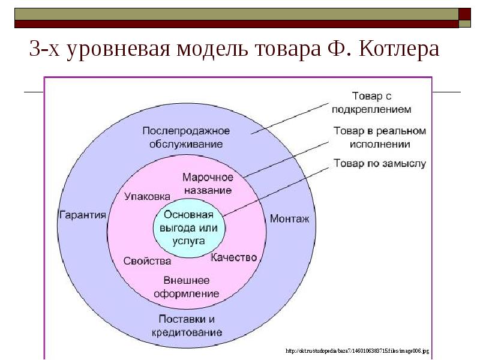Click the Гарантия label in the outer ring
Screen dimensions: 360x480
click(x=82, y=215)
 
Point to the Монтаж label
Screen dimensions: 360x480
click(x=289, y=219)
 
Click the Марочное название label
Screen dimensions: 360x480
click(x=206, y=184)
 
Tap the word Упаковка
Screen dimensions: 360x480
click(x=148, y=196)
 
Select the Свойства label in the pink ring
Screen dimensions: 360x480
click(x=147, y=261)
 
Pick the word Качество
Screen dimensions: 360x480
click(x=234, y=257)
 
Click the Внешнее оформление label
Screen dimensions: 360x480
click(x=187, y=287)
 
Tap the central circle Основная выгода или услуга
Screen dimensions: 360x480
click(x=189, y=227)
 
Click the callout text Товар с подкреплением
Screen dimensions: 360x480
click(x=380, y=102)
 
